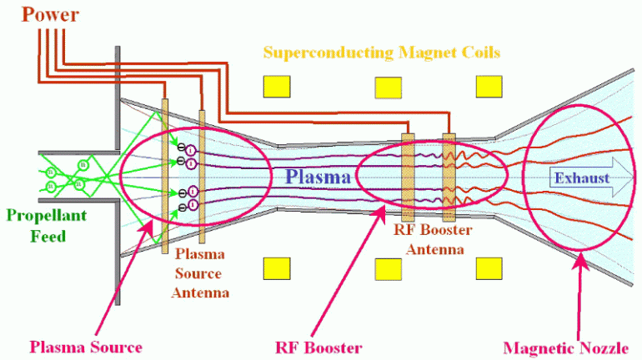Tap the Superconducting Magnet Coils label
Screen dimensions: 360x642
click(x=381, y=52)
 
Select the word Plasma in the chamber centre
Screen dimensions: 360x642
click(x=318, y=177)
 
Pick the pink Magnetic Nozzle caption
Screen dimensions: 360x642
click(x=571, y=347)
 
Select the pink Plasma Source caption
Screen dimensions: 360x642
click(x=86, y=347)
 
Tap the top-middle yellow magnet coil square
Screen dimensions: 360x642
click(x=388, y=87)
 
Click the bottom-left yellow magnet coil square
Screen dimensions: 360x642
click(x=276, y=268)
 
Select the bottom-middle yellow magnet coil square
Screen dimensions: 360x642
click(x=388, y=268)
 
